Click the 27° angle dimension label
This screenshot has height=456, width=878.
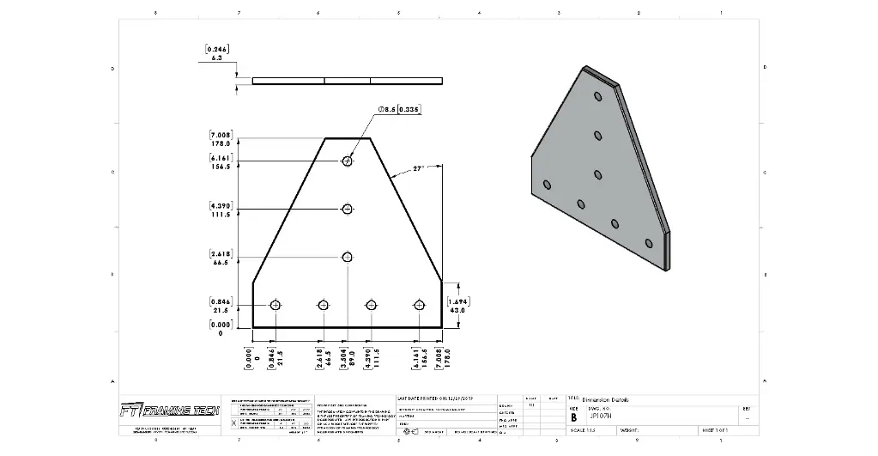point(419,169)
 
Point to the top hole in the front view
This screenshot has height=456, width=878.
point(348,161)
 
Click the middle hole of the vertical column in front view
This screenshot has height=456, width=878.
point(348,209)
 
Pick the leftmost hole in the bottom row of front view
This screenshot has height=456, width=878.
point(276,305)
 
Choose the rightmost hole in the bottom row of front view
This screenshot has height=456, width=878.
point(420,305)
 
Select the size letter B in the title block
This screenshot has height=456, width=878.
point(574,416)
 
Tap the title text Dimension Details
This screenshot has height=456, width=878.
point(611,399)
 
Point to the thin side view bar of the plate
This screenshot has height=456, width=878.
point(348,81)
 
